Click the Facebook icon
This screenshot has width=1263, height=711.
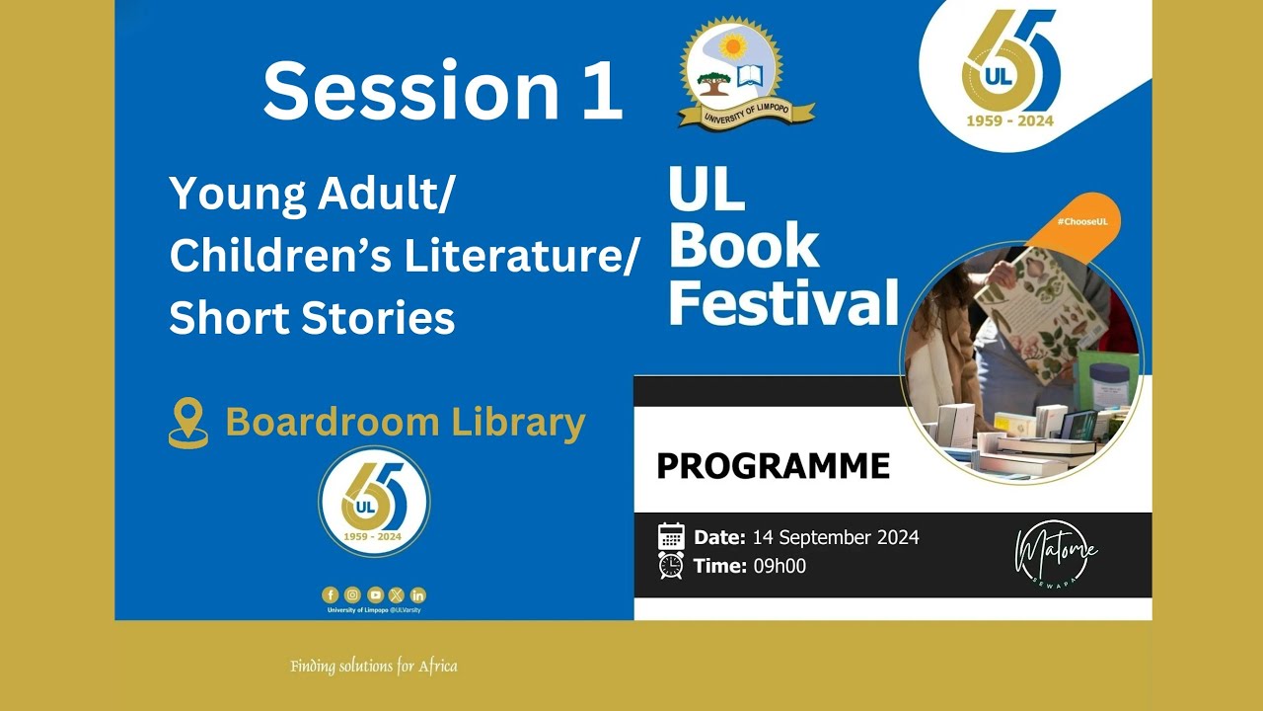pyautogui.click(x=331, y=594)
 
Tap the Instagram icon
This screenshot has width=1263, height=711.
pyautogui.click(x=352, y=594)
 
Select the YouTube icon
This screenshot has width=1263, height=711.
pyautogui.click(x=375, y=594)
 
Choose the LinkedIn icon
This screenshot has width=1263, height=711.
pyautogui.click(x=418, y=594)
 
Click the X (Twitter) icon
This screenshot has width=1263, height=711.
pyautogui.click(x=397, y=594)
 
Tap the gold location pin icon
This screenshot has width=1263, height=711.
pyautogui.click(x=188, y=424)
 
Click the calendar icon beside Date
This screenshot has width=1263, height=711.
pyautogui.click(x=671, y=537)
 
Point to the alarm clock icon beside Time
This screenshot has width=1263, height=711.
pyautogui.click(x=671, y=566)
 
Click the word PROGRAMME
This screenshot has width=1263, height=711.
pyautogui.click(x=773, y=466)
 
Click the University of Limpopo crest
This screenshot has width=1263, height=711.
pyautogui.click(x=732, y=71)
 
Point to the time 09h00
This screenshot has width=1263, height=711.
pyautogui.click(x=780, y=566)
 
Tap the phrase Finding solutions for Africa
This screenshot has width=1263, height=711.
pyautogui.click(x=374, y=667)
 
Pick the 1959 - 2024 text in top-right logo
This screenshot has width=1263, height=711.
pyautogui.click(x=1008, y=121)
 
